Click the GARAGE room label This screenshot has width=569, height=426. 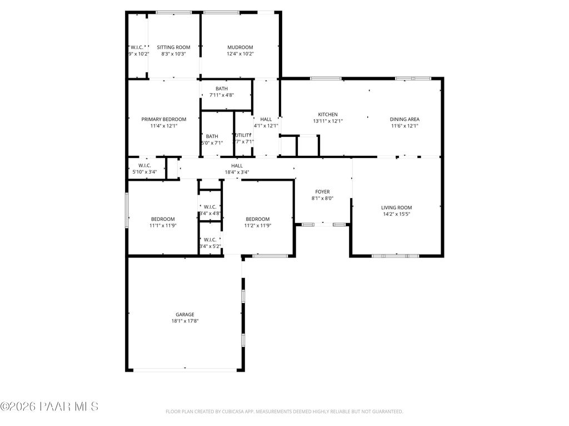point(185,314)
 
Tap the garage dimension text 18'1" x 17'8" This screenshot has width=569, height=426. point(185,321)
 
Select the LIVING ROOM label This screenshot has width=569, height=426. point(396,207)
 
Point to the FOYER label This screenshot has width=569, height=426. point(322,191)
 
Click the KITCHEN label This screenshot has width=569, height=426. point(327,114)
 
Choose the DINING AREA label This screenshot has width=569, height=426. point(404,119)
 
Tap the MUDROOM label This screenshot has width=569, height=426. point(239,47)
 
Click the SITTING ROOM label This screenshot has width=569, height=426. point(173,47)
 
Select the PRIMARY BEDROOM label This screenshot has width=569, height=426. point(163,119)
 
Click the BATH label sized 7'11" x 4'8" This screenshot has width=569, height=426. point(222,89)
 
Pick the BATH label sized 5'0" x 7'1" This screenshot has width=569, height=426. point(212,136)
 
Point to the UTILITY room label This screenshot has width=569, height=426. point(243,135)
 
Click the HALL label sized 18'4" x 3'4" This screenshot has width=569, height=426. point(237,165)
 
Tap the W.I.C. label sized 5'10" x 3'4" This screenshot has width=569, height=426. point(144,165)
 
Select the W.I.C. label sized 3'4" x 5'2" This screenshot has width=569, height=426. point(209,240)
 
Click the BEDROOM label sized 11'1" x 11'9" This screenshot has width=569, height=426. point(163,219)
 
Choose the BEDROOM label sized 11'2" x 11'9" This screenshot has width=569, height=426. point(257,219)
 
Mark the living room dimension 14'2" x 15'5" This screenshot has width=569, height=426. point(396,214)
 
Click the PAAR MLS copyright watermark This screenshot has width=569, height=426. point(49,407)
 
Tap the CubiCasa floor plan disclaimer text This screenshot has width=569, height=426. point(284,412)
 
